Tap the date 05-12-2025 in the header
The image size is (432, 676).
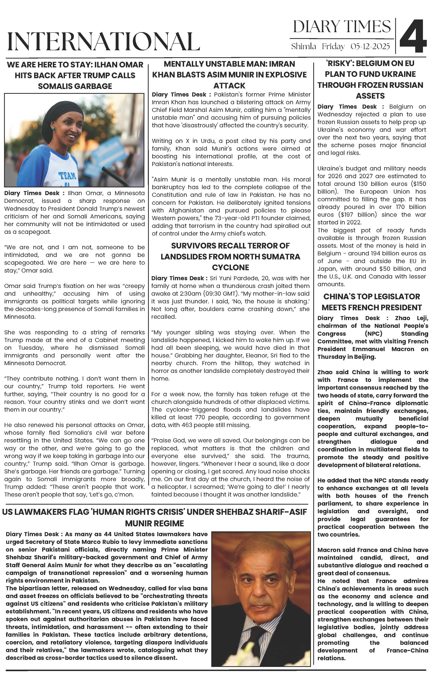tap(370, 46)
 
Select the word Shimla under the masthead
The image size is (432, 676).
tap(304, 46)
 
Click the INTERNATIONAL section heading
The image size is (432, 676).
tap(104, 42)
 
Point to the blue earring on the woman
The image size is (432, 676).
tap(53, 128)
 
